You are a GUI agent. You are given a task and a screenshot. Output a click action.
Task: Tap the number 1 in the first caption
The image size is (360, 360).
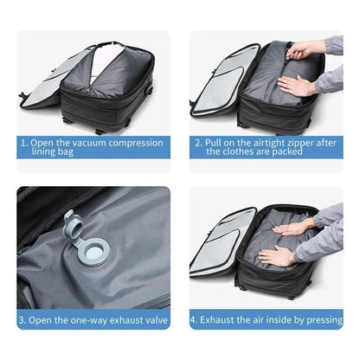pos(23,142)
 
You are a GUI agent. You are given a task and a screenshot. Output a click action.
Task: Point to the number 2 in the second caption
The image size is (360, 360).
pos(198,142)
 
